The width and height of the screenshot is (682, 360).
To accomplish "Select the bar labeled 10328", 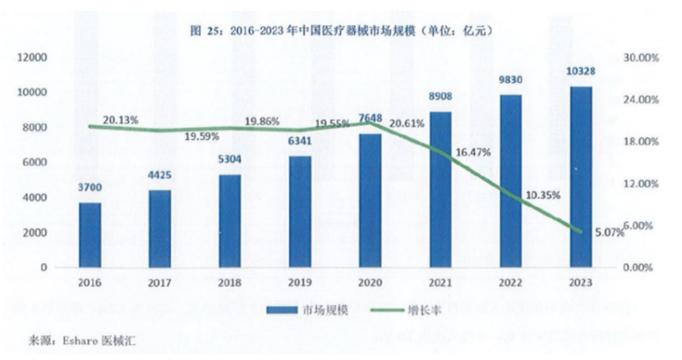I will pos(582,178).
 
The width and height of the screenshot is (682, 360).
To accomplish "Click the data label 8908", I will pos(441,97).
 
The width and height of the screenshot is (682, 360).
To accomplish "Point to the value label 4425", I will pos(161,174).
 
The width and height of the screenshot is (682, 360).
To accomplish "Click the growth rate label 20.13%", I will pos(121,120).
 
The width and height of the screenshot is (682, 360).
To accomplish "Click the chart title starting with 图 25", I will pos(340,30).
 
